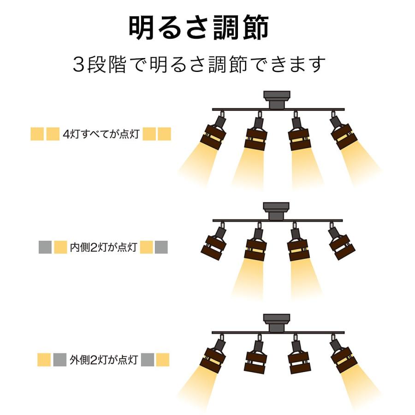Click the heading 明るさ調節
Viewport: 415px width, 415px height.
[x=199, y=27]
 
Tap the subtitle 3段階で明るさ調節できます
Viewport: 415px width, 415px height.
[x=199, y=64]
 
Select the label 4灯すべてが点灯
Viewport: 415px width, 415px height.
[x=101, y=134]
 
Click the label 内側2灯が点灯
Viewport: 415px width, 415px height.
[x=103, y=247]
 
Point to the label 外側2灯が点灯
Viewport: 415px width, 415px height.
[x=104, y=360]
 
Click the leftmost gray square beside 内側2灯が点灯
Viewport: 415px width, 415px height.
[x=45, y=247]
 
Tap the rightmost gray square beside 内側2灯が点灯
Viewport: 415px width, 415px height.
[x=161, y=247]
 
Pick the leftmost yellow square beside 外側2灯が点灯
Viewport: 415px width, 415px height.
[x=44, y=360]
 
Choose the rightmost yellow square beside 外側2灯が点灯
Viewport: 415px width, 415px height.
[x=162, y=360]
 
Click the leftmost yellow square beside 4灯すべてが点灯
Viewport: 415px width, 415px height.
[x=37, y=134]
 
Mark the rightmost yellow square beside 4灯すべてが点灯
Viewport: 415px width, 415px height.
[x=164, y=134]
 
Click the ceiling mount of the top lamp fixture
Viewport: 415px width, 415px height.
[x=277, y=100]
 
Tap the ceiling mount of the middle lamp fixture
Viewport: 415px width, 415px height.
[x=276, y=211]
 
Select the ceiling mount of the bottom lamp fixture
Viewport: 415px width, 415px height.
[x=277, y=323]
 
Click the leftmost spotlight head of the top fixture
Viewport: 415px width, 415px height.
[x=214, y=132]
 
